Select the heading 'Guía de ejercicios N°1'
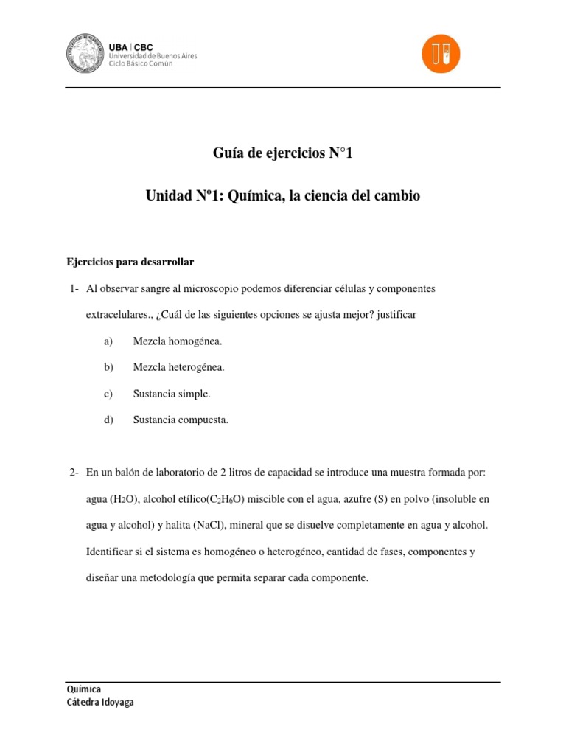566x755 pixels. click(x=283, y=153)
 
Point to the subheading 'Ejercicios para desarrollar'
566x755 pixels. click(x=130, y=262)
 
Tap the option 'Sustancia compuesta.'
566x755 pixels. click(x=181, y=420)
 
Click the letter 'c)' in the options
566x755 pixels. click(x=108, y=394)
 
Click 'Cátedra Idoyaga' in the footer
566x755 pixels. click(x=100, y=703)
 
